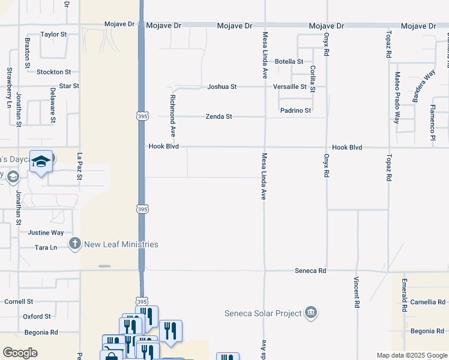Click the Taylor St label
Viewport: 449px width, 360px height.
53,34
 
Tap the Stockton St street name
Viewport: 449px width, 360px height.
53,72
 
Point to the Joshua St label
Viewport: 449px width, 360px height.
222,86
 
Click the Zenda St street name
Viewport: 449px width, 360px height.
218,116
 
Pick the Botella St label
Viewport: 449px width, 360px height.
289,61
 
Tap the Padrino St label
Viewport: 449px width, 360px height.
295,110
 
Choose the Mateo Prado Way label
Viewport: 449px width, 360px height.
397,97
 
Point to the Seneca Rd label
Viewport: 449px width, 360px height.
310,271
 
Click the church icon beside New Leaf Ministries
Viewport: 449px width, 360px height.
74,244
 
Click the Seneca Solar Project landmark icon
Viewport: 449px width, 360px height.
311,313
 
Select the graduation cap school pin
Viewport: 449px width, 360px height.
41,162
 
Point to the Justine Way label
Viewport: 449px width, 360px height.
46,232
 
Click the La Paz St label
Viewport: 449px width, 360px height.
79,167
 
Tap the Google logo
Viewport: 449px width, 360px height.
20,352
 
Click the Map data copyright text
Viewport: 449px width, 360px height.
412,355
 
